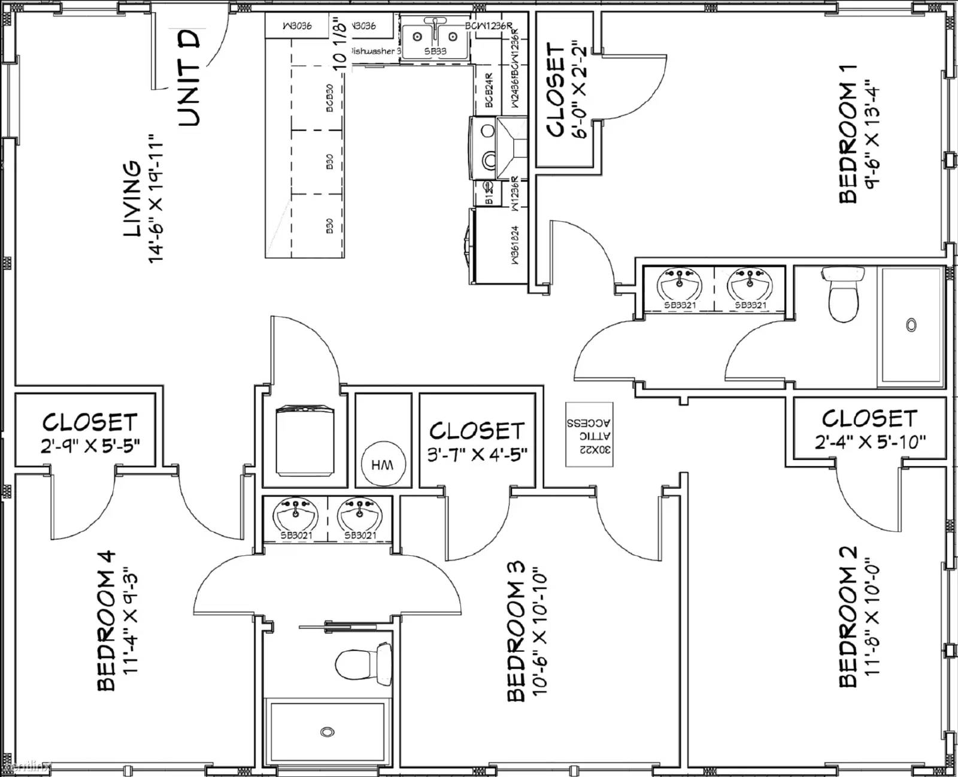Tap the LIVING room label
(x=132, y=198)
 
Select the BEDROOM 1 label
(x=848, y=134)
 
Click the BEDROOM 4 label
(x=106, y=621)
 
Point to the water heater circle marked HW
(x=383, y=464)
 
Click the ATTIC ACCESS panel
(x=589, y=434)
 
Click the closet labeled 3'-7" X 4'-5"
(x=477, y=441)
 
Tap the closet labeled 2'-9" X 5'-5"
(x=90, y=433)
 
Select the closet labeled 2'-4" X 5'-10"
(x=869, y=429)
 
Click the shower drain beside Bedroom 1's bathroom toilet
(x=911, y=325)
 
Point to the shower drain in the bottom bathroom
(x=327, y=731)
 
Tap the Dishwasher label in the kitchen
(x=374, y=52)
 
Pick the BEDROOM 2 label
(x=848, y=617)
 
